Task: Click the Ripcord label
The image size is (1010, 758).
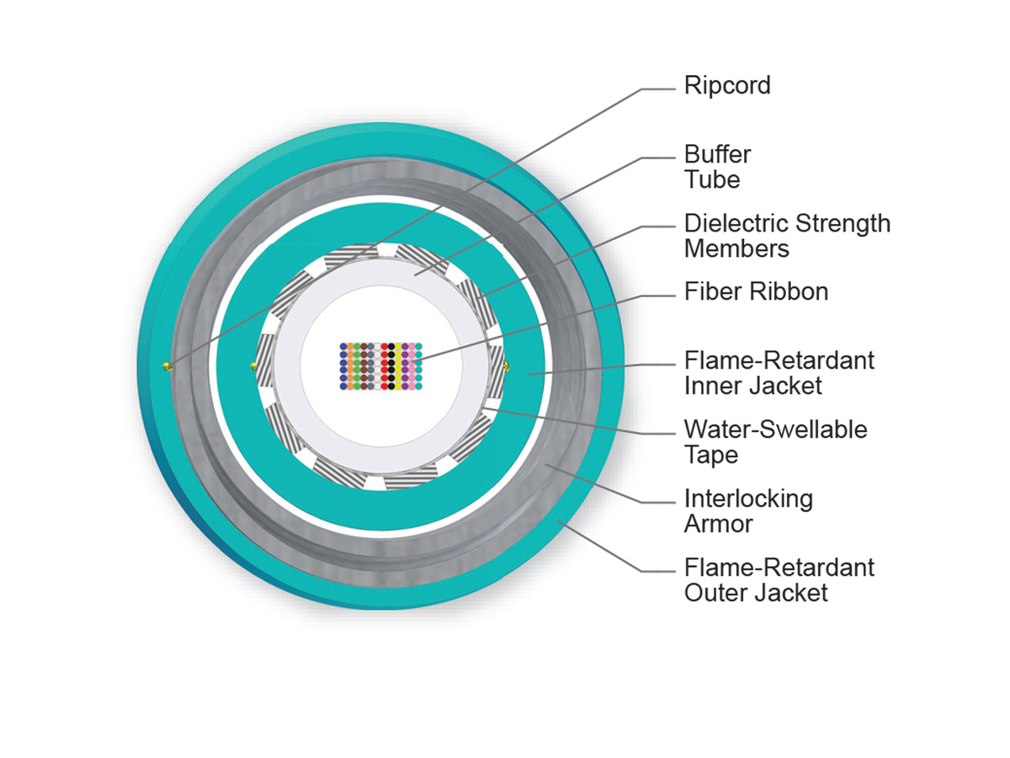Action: (727, 85)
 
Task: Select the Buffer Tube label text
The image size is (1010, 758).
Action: (717, 167)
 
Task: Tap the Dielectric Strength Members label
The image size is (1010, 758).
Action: (786, 236)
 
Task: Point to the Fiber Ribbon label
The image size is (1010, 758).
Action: (756, 291)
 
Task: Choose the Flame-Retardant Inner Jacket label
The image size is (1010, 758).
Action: (779, 372)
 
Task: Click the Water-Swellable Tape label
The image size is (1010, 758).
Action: (774, 441)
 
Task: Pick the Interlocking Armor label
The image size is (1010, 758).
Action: (748, 510)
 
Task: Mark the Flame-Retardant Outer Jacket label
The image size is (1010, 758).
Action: (779, 579)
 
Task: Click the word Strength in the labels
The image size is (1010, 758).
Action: (843, 223)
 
